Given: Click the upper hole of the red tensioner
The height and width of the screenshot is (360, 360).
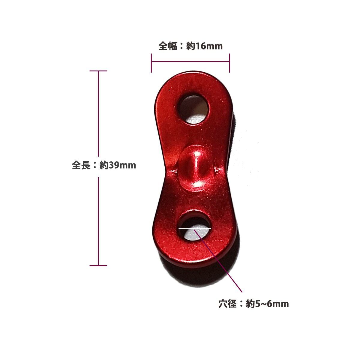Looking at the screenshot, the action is pyautogui.click(x=193, y=110).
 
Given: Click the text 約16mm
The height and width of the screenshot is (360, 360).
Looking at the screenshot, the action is pyautogui.click(x=204, y=46).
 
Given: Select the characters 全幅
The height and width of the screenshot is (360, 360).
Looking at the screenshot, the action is pyautogui.click(x=168, y=46).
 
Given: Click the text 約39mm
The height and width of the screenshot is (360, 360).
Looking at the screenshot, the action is pyautogui.click(x=118, y=165).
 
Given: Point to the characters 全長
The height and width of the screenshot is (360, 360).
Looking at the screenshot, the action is pyautogui.click(x=81, y=165).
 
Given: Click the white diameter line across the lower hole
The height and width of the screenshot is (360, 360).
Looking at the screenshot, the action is pyautogui.click(x=195, y=228).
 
